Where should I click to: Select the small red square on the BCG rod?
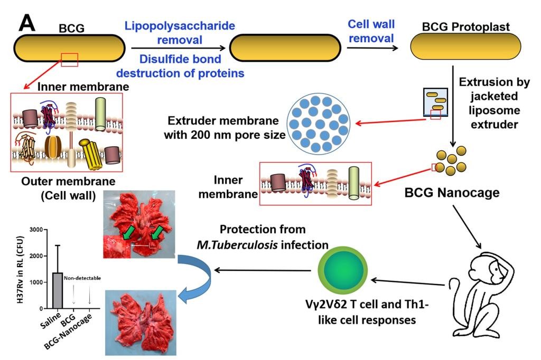click(70, 60)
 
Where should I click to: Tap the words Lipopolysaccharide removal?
click(179, 32)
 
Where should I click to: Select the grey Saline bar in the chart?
click(58, 290)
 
